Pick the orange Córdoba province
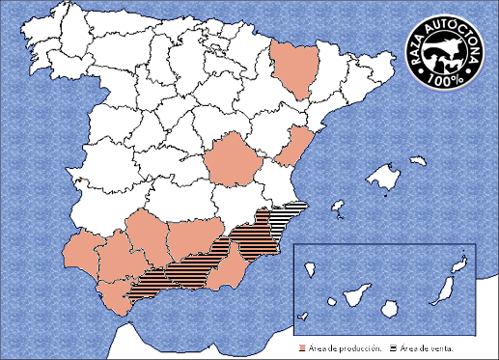pos(145,236)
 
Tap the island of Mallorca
pos(386,178)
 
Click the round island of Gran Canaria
pos(390,306)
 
